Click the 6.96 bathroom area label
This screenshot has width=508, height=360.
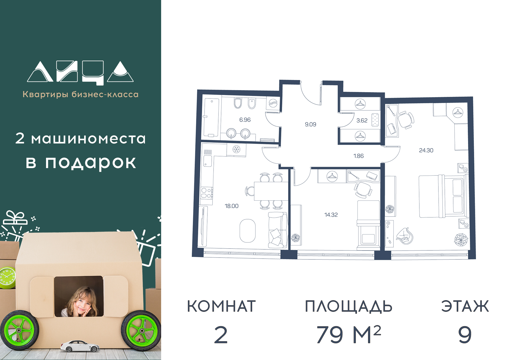(245, 120)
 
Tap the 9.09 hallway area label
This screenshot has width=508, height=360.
(310, 124)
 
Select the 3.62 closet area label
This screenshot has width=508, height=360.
(362, 121)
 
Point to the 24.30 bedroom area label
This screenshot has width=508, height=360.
(426, 150)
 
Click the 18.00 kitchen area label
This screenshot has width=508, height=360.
(232, 206)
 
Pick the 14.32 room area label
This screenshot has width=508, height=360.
(331, 215)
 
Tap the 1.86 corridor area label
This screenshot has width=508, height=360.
(359, 156)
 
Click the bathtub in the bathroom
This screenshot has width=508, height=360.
(211, 118)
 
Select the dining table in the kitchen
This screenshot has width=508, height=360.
(271, 191)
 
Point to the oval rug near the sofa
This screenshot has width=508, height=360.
(248, 231)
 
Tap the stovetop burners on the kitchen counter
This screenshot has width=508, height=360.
(206, 193)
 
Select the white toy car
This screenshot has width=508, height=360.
(80, 346)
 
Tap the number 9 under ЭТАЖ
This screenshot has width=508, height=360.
(465, 335)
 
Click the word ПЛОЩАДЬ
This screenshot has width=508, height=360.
(348, 307)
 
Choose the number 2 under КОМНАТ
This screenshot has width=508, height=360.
(221, 335)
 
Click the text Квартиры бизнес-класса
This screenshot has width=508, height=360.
(81, 94)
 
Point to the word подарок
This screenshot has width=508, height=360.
(90, 163)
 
